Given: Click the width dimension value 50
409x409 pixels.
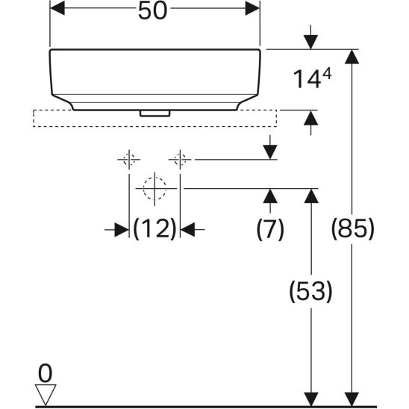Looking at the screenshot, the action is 152,11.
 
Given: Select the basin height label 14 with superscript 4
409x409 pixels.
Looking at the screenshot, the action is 312,79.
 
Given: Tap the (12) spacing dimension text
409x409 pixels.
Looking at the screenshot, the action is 154,229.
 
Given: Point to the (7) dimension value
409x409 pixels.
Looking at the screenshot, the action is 270,229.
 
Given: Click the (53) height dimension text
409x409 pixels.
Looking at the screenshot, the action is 310,291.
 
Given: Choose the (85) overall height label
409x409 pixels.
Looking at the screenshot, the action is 353,228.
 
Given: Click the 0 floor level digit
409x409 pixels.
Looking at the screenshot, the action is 45,373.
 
